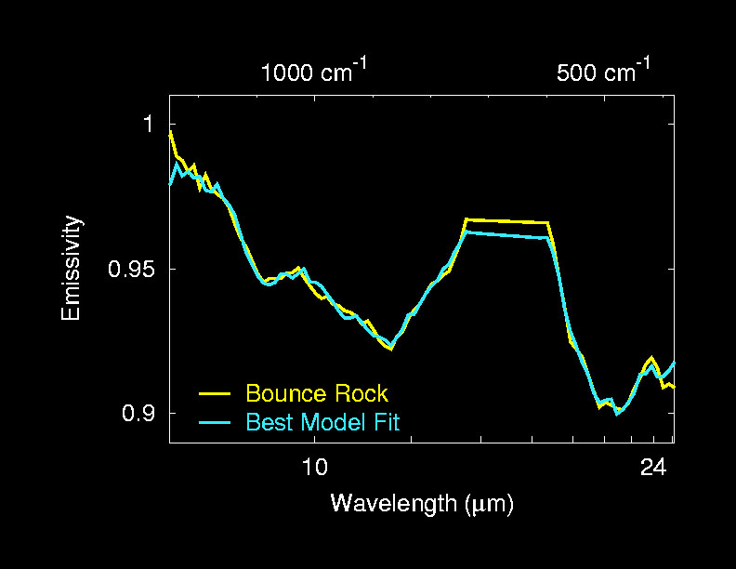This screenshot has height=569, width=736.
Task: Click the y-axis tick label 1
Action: (x=145, y=124)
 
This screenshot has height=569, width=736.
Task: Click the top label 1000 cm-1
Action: (x=315, y=72)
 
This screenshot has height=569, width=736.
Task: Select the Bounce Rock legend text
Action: (x=317, y=393)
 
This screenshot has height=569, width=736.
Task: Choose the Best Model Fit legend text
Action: (x=322, y=422)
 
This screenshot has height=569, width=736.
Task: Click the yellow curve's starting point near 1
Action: (x=170, y=132)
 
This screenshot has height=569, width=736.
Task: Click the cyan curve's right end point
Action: (x=673, y=363)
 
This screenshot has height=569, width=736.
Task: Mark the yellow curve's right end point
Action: (x=673, y=386)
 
